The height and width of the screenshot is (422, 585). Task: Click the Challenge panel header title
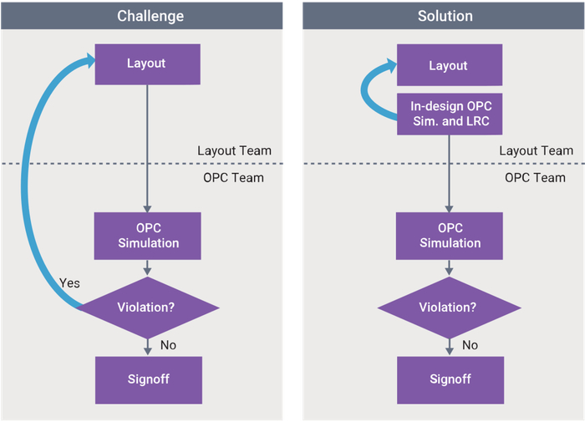150,16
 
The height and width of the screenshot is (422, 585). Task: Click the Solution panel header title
445,16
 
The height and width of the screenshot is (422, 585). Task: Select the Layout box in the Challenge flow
147,64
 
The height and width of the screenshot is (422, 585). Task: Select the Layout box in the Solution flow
450,65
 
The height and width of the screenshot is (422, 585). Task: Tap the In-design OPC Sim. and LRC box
450,114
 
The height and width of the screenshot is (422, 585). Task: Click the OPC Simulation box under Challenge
147,236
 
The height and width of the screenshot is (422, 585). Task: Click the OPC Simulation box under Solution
450,236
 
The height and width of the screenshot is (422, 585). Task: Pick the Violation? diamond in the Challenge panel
148,308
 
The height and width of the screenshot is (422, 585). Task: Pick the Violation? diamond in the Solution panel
450,308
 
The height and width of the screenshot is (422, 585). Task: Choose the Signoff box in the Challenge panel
149,380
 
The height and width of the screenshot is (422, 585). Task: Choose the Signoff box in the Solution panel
450,380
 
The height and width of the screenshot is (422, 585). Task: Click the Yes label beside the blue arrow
69,283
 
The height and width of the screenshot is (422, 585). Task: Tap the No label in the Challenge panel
168,345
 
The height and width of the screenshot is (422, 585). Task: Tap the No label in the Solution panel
470,345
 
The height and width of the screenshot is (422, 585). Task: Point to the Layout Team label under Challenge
234,150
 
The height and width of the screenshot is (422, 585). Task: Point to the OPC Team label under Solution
535,178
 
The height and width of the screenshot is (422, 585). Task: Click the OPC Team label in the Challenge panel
233,178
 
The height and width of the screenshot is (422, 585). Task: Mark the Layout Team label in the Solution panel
537,150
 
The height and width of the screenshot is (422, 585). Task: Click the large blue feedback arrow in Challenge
24,186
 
